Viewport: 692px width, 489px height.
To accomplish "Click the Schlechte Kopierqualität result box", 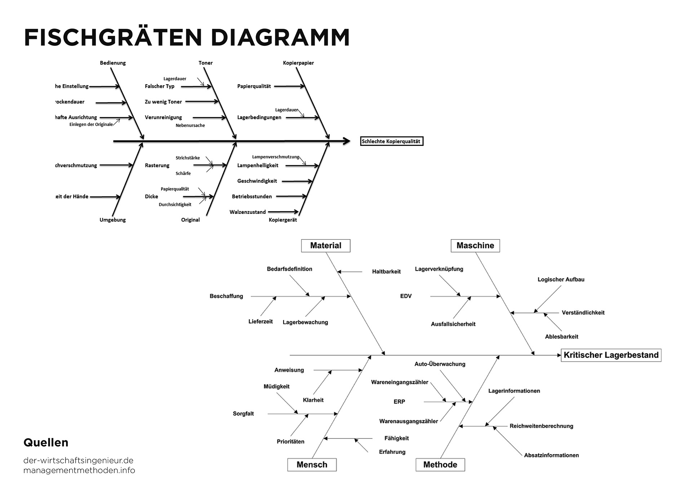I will (391, 141).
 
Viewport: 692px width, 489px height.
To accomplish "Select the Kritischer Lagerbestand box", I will (611, 355).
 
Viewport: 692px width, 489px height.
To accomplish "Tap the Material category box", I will (325, 246).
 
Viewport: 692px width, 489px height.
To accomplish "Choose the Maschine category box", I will (475, 246).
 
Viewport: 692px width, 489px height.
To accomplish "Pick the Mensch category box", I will (312, 465).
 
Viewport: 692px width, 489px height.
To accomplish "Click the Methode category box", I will (440, 465).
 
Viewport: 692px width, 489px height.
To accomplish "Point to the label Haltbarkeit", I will (386, 272).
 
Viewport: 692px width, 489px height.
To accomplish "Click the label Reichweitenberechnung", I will (541, 426).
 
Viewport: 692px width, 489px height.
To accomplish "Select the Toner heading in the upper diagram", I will (205, 63).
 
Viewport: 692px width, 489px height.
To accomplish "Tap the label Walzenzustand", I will (248, 212).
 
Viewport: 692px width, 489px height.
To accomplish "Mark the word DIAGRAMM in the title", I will (280, 37).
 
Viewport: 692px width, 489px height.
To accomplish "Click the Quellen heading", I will (46, 442).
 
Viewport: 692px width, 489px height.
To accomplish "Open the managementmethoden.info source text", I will (79, 470).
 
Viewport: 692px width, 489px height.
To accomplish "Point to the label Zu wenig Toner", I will (163, 102).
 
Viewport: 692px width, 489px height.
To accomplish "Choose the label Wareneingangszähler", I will (399, 382).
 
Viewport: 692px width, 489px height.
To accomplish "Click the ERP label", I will (399, 401).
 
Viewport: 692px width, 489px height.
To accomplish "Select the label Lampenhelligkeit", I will (258, 165).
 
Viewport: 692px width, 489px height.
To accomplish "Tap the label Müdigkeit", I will (276, 386).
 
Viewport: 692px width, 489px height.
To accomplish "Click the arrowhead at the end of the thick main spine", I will (347, 141).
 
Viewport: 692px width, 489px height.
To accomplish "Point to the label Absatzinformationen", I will (551, 455).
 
